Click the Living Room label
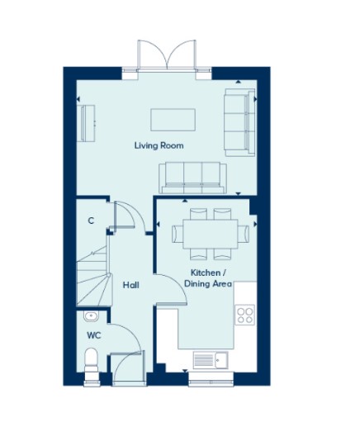click(159, 145)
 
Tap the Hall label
click(130, 285)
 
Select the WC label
click(94, 335)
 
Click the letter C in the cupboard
click(91, 221)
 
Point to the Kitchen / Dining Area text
click(208, 278)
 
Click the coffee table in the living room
click(173, 120)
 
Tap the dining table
click(211, 234)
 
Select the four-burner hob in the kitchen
click(245, 315)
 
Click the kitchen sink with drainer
click(211, 360)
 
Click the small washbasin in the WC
click(91, 316)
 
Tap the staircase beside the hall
click(93, 276)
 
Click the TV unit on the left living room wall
click(88, 123)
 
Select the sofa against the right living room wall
click(239, 122)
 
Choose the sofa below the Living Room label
click(192, 178)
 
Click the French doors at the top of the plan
click(167, 56)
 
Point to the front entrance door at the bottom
click(129, 367)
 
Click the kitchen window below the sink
click(211, 380)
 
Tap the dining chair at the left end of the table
click(178, 234)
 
